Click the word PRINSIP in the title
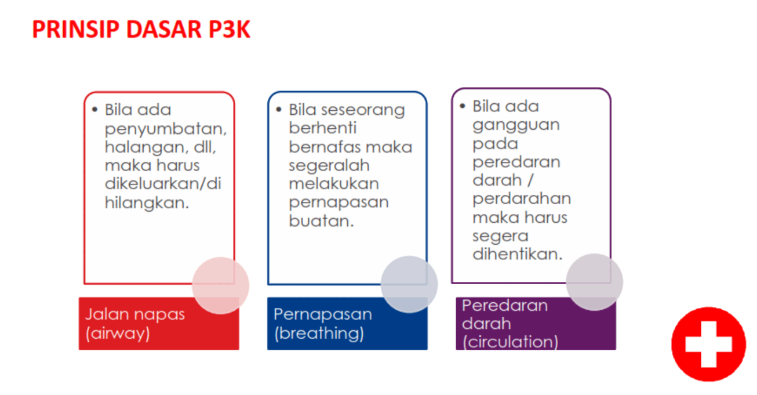(x=76, y=29)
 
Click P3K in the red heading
(x=229, y=29)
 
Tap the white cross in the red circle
(x=709, y=345)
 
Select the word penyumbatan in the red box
(x=166, y=129)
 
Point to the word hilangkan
(x=147, y=203)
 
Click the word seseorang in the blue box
(x=363, y=110)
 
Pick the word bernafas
(x=325, y=147)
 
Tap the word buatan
(x=321, y=221)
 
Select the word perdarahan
(x=522, y=198)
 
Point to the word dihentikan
(x=518, y=253)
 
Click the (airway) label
(x=118, y=334)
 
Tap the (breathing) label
(x=319, y=334)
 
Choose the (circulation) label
(x=510, y=342)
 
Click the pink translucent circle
(x=221, y=286)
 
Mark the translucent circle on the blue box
(x=409, y=284)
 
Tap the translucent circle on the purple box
(x=595, y=282)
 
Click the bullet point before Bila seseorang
(x=279, y=109)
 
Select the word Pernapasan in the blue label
(x=323, y=315)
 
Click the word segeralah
(x=329, y=166)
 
